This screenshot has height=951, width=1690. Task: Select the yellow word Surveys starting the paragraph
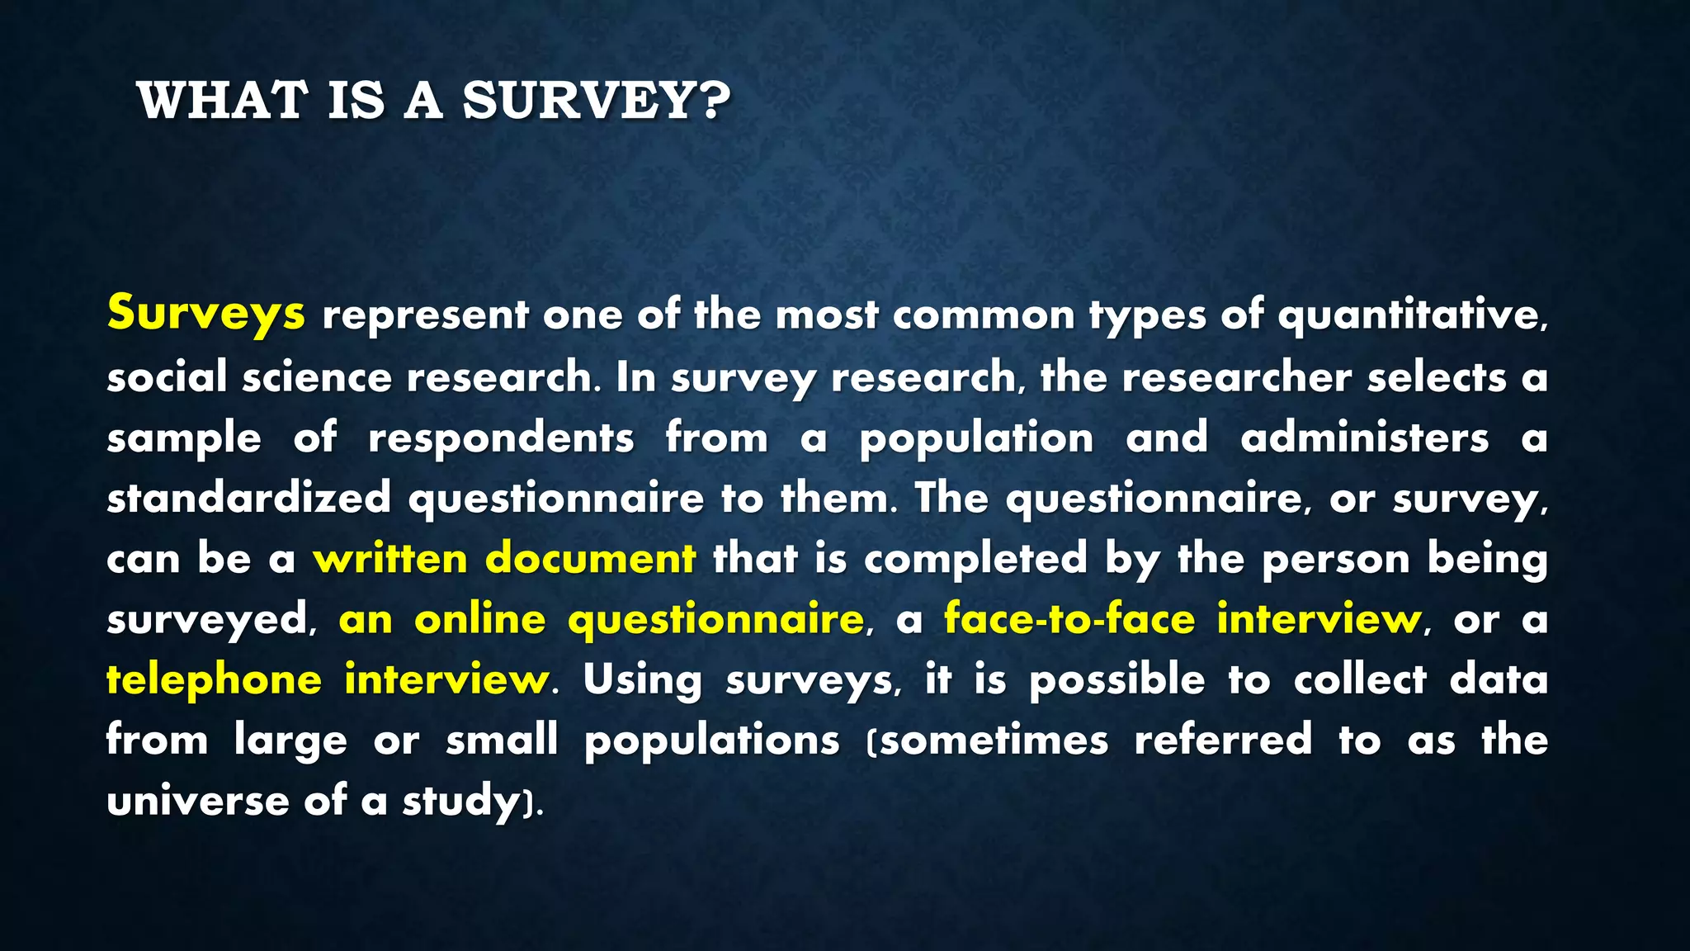tap(205, 315)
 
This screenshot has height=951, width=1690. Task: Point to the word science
tap(317, 377)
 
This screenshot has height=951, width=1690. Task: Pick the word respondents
tap(501, 438)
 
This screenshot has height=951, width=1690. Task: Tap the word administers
tap(1364, 438)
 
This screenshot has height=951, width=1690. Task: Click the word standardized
tap(248, 498)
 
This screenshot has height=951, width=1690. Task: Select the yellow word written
tap(390, 559)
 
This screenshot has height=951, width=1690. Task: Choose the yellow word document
tap(591, 559)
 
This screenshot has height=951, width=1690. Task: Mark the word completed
tap(976, 559)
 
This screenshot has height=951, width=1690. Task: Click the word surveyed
tap(209, 620)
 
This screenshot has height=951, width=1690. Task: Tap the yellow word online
tap(479, 619)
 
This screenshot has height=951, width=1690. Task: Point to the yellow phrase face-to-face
tap(1069, 619)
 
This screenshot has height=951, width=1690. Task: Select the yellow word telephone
tap(215, 680)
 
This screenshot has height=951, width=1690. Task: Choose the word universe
tap(198, 802)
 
